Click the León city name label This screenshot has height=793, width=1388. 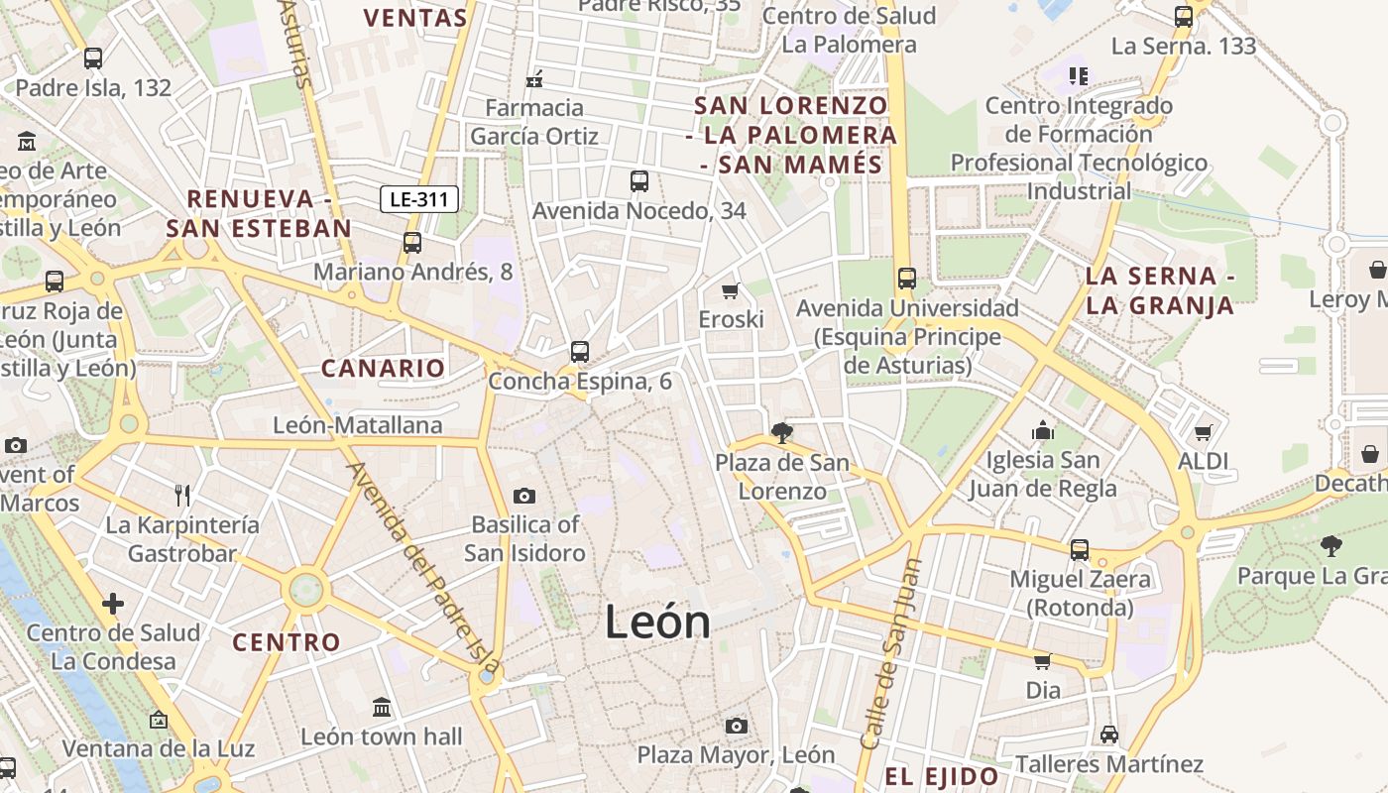click(x=657, y=623)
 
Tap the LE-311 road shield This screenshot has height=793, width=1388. click(x=419, y=199)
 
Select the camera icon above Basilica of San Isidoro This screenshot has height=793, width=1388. click(x=524, y=496)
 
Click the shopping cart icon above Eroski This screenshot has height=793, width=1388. click(x=731, y=290)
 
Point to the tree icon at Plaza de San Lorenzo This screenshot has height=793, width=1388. click(x=782, y=432)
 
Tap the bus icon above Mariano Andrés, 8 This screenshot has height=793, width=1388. click(x=412, y=242)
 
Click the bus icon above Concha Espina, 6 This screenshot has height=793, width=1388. click(x=580, y=352)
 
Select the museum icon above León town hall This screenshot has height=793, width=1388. click(x=382, y=708)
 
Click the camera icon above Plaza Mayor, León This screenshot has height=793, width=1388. click(x=736, y=726)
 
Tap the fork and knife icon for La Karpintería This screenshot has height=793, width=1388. click(x=182, y=495)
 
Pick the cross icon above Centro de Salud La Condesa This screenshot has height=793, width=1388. click(x=113, y=603)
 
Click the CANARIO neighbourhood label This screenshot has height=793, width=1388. click(x=383, y=369)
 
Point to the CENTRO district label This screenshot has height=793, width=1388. click(x=287, y=642)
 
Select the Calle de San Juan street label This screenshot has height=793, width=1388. click(x=891, y=655)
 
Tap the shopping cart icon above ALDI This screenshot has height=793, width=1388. click(x=1203, y=432)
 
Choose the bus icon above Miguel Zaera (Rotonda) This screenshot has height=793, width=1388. click(x=1080, y=549)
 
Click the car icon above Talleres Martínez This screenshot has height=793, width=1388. click(x=1108, y=735)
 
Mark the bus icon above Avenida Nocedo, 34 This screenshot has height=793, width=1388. click(x=639, y=181)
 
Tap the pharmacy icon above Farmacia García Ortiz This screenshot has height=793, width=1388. click(x=534, y=79)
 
